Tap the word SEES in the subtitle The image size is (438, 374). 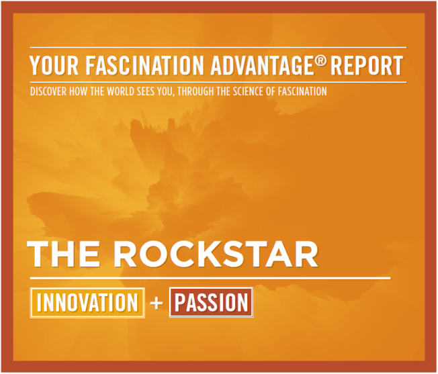[152, 91]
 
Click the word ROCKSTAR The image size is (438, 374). [216, 253]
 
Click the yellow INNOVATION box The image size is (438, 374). [87, 303]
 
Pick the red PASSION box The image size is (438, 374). [210, 303]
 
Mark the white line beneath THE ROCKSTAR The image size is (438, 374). [208, 277]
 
